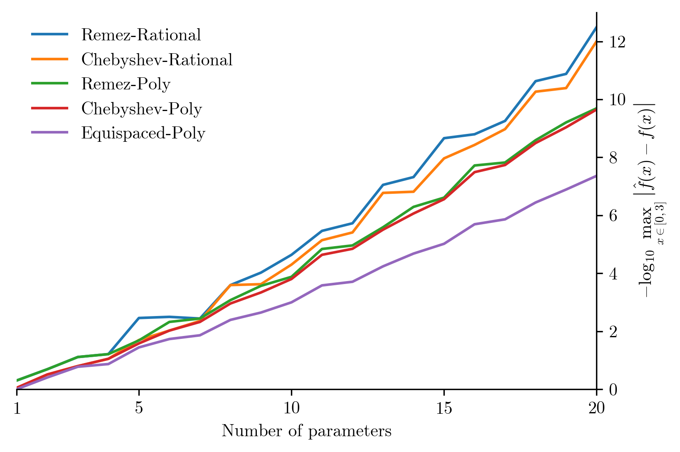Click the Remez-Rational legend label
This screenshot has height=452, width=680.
tap(141, 35)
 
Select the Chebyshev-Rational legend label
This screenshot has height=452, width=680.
tap(157, 60)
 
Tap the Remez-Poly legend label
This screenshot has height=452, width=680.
tap(126, 84)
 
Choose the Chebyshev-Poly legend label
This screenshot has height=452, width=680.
tap(141, 109)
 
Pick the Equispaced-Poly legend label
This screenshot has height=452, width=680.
tap(143, 133)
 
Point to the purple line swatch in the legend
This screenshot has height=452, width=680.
tap(49, 133)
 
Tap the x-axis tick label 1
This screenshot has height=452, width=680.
tap(17, 409)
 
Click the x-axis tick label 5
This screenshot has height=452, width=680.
tap(139, 409)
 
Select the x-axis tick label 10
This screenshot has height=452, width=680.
tap(291, 409)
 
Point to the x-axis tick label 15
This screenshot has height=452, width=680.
tap(444, 409)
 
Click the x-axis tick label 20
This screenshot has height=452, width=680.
tap(596, 409)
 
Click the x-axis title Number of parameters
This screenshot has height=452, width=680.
tap(306, 431)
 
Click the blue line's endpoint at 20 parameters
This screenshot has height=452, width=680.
tap(596, 27)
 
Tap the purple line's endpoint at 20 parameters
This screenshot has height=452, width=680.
tap(596, 176)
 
